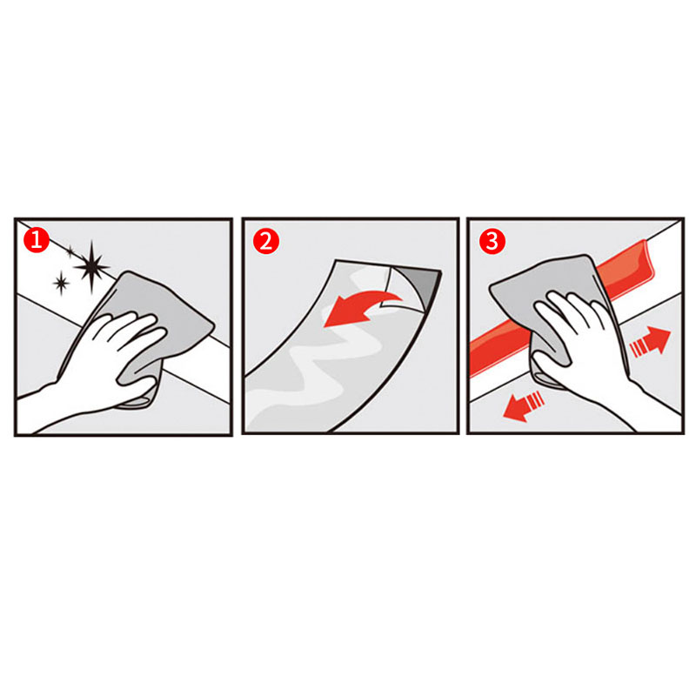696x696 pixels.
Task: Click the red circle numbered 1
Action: (x=36, y=240)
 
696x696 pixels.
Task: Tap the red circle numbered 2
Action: (x=266, y=242)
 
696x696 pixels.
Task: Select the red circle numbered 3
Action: (x=492, y=241)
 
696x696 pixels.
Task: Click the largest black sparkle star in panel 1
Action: (x=92, y=266)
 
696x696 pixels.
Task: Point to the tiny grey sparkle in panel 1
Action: (x=70, y=251)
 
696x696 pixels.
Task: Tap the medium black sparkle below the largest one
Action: (x=61, y=283)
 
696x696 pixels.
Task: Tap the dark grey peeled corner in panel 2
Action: (x=419, y=284)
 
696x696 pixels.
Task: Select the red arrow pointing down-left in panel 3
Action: (x=524, y=405)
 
